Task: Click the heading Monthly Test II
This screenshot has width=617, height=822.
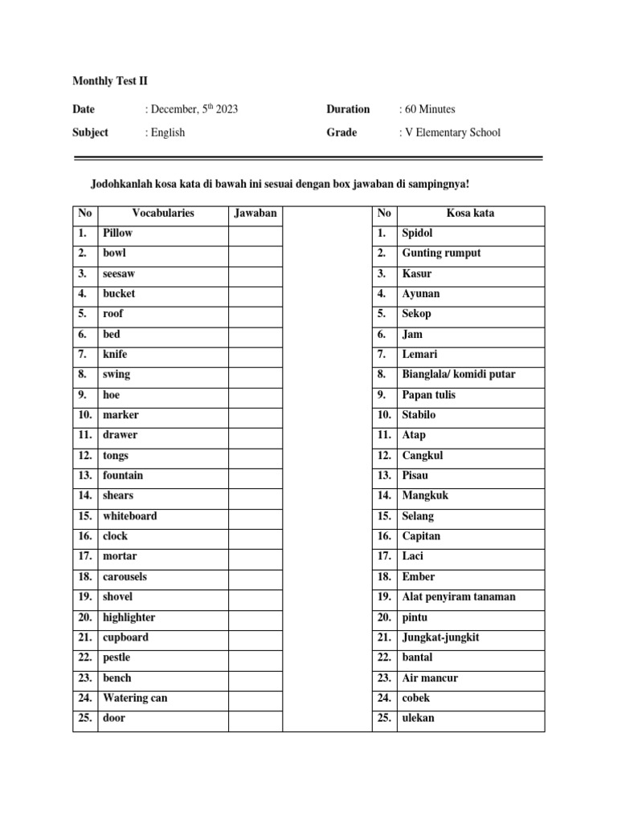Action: coord(110,81)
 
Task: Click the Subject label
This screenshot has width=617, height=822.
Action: coord(90,132)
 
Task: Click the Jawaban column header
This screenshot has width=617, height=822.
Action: coord(255,214)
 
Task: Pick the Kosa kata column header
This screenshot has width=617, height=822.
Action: coord(470,214)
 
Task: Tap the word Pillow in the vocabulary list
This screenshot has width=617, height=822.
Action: coord(117,233)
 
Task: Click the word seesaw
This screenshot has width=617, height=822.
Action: coord(119,274)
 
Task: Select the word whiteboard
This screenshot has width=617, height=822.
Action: coord(129,516)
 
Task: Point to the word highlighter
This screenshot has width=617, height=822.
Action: coord(129,617)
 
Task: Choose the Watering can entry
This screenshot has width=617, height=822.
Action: coord(135,698)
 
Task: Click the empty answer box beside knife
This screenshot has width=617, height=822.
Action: coord(255,354)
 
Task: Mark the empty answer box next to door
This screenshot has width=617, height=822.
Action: coord(255,718)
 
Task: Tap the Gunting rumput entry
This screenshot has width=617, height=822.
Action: coord(441,254)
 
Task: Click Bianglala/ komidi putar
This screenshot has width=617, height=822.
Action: coord(458,374)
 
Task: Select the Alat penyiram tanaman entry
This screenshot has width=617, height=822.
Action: coord(459,597)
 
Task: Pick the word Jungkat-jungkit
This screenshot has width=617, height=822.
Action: coord(441,637)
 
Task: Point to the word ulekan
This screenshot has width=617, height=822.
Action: coord(418,718)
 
